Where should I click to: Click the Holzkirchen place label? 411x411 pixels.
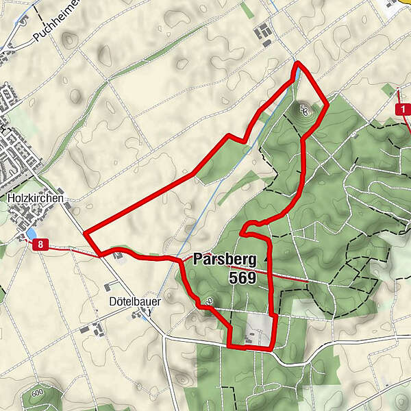[36, 198]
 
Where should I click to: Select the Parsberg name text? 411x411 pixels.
[225, 260]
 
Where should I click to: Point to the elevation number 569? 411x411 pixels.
[242, 278]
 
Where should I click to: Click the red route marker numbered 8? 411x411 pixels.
[43, 245]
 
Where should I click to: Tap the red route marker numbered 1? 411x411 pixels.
[404, 110]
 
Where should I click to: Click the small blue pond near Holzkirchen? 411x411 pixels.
[32, 234]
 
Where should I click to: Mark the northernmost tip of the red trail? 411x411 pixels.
[297, 63]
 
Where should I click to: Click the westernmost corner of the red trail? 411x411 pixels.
[84, 233]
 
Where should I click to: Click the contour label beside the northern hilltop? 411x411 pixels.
[304, 110]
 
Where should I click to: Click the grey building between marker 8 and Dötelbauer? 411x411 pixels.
[121, 256]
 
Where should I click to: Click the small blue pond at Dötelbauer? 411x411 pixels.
[145, 314]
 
